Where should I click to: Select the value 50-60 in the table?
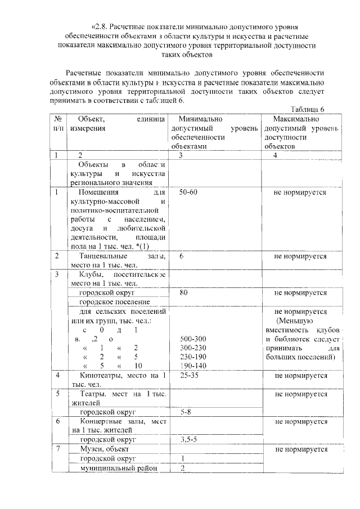pos(189,192)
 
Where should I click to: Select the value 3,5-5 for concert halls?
pos(190,440)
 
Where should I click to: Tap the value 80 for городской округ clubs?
pos(184,293)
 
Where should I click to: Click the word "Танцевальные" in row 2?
pos(103,256)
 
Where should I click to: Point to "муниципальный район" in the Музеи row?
pos(118,468)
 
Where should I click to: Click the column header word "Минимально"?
pos(200,119)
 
